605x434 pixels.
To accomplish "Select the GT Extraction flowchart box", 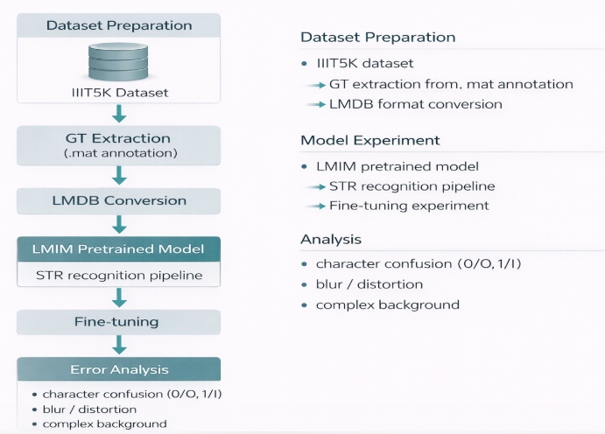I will tap(120, 145).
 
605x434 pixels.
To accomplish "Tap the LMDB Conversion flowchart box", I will tap(120, 200).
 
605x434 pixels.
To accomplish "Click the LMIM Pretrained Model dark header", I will tap(120, 249).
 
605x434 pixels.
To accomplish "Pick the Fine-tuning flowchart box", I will tap(120, 322).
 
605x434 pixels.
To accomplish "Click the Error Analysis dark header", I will tap(120, 369).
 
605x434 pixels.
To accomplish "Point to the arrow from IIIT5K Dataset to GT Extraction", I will tap(120, 113).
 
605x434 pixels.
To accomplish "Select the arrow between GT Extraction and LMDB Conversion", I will tap(120, 174).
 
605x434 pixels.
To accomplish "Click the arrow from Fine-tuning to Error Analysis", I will tap(120, 345).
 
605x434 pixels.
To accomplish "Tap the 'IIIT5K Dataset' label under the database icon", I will tap(120, 92).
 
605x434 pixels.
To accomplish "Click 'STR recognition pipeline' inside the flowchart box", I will tap(120, 276).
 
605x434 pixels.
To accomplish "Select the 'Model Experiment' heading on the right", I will tap(370, 140).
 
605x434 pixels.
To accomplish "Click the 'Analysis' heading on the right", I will tap(331, 239).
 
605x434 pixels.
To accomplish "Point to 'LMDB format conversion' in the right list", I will tap(416, 104).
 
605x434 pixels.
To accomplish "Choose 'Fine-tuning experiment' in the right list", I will tap(409, 206).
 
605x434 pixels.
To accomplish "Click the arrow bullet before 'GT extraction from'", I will tap(315, 85).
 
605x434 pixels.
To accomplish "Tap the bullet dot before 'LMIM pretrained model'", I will tap(304, 166).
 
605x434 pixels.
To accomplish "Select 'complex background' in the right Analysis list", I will tap(387, 304).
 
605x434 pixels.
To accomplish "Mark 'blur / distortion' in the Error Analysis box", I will tap(89, 409).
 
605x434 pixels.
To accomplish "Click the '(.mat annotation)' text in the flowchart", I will tap(120, 154).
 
